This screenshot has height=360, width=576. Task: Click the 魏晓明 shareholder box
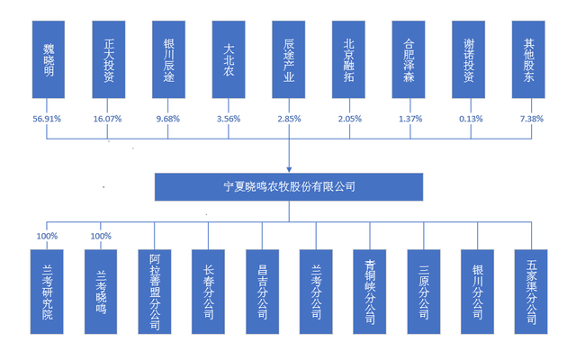click(x=49, y=59)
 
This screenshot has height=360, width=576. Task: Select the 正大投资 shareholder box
click(x=109, y=59)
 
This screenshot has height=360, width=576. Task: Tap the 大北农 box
click(x=229, y=59)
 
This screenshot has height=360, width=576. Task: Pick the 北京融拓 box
click(x=348, y=59)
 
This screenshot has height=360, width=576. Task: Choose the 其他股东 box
click(x=528, y=59)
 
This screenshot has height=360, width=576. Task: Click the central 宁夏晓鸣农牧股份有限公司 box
click(x=289, y=187)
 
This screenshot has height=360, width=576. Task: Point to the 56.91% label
click(x=47, y=119)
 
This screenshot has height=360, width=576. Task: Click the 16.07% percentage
click(x=107, y=119)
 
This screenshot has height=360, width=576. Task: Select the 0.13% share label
click(x=471, y=119)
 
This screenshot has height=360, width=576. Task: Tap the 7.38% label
click(x=532, y=119)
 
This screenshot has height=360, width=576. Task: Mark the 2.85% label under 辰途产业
click(x=289, y=119)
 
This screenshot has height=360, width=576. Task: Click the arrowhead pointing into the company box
click(x=289, y=169)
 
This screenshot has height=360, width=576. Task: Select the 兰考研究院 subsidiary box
click(x=47, y=292)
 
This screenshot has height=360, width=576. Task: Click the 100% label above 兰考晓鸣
click(x=101, y=236)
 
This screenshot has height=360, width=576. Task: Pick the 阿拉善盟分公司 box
click(x=155, y=292)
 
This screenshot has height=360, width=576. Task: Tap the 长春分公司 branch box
click(x=208, y=292)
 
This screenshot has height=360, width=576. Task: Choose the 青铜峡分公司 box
click(x=370, y=292)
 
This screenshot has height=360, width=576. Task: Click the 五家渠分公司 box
click(x=531, y=292)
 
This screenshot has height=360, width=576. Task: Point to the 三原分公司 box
click(x=424, y=292)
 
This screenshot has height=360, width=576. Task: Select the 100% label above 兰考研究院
click(x=47, y=236)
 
